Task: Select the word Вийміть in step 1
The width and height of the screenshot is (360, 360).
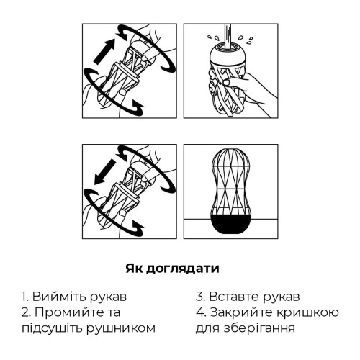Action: coord(56,297)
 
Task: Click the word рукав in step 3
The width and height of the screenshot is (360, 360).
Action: coord(280,297)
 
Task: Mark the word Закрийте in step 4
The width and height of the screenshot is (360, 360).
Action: coord(238,312)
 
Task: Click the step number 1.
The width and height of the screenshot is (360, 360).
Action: coord(24,297)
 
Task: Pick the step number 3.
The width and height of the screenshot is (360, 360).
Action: coord(199,297)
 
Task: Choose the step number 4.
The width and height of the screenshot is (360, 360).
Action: coord(199,312)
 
